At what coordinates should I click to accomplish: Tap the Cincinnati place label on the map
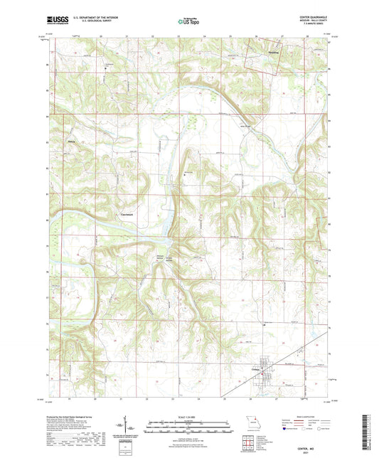pos(128,214)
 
